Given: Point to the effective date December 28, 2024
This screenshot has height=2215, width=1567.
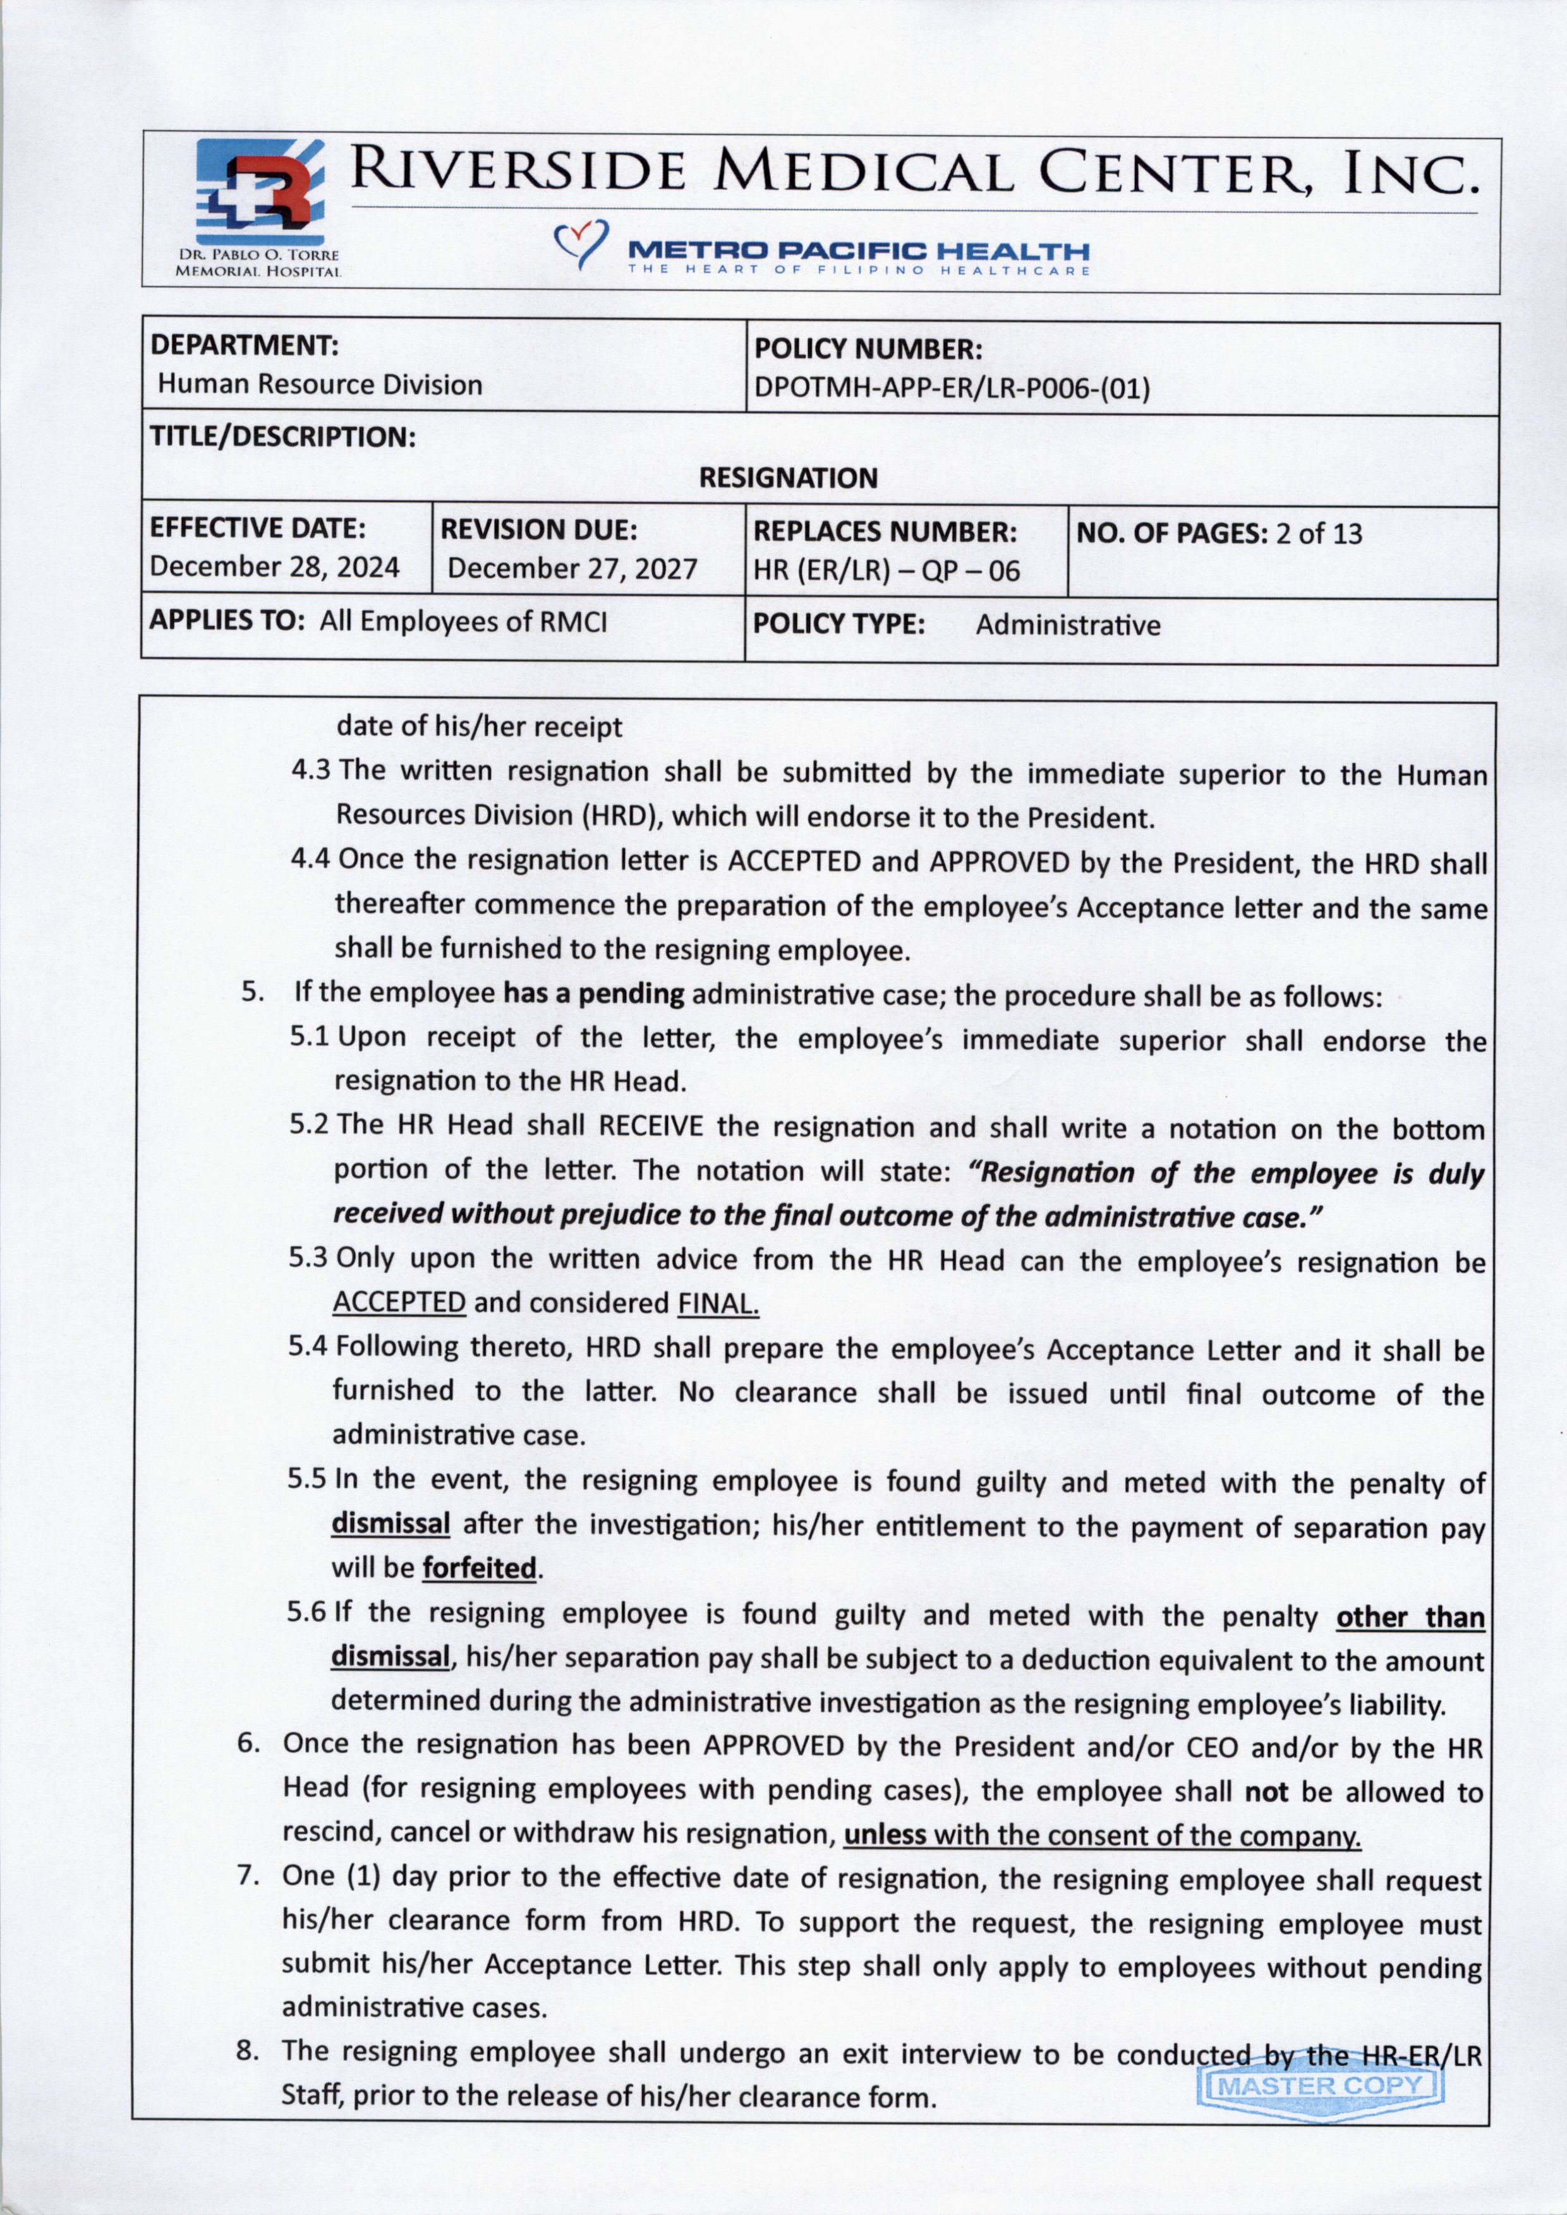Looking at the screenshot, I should (274, 567).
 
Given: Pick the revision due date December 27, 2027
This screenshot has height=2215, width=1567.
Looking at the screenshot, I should (572, 568).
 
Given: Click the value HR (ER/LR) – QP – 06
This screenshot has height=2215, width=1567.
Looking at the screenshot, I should (886, 571).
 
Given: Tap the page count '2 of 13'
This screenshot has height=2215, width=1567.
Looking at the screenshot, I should (1318, 534).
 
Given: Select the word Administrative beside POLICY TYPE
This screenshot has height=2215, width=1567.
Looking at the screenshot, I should (1067, 625).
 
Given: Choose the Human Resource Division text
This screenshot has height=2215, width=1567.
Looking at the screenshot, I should (319, 385).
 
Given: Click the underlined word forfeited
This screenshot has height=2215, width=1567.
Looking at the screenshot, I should (478, 1568).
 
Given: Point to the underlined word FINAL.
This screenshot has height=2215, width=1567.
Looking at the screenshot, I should (718, 1304).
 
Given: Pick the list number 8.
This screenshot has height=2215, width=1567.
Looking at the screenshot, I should (247, 2051).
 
